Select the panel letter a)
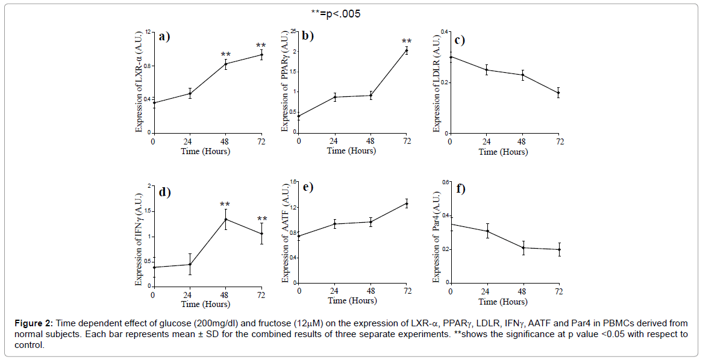[164, 36]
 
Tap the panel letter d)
[164, 193]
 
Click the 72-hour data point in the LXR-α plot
[261, 55]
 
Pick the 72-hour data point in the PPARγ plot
[407, 51]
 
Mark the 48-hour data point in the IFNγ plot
[225, 219]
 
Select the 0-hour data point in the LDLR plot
[450, 57]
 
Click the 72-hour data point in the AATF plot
[407, 203]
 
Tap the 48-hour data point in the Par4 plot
[523, 247]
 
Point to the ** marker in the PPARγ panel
[407, 42]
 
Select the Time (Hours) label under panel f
[503, 301]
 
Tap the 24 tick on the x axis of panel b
[334, 141]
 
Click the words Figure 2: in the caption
[35, 323]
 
